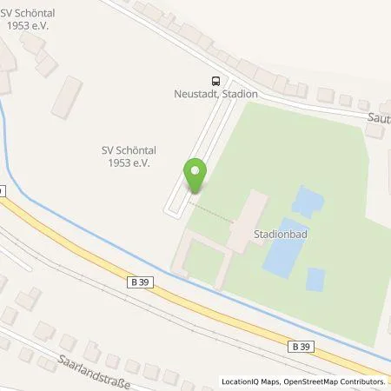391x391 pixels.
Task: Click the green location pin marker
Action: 195,175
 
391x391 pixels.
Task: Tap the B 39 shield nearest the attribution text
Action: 299,347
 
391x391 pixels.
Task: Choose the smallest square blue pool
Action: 315,279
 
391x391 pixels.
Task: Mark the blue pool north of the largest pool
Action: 305,201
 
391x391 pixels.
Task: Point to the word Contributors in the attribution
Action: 361,381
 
